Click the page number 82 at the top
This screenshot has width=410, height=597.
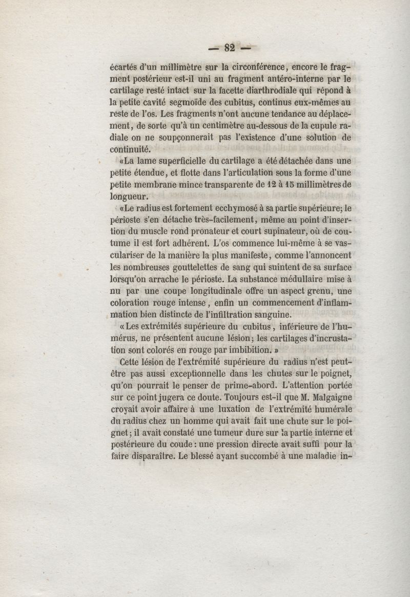click(229, 48)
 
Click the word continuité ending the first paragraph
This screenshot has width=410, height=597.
click(131, 149)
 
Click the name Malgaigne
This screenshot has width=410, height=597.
click(326, 397)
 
